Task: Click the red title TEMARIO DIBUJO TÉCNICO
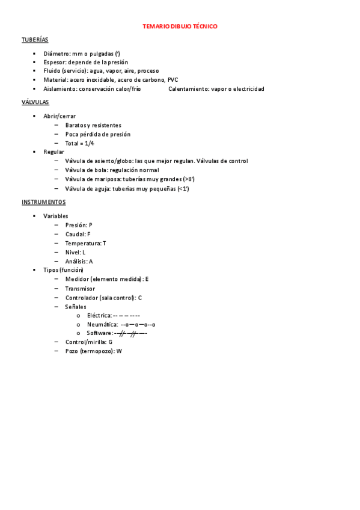tap(180, 27)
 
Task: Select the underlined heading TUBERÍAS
tap(34, 40)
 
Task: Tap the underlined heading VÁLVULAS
tap(35, 102)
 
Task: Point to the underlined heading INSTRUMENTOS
tap(43, 202)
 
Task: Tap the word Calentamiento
tap(187, 89)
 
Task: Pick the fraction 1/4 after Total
tap(89, 144)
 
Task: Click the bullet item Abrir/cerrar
tap(59, 116)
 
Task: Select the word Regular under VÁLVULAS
tap(53, 152)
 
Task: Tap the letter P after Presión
tap(91, 225)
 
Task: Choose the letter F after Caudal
tap(89, 234)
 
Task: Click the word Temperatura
tap(83, 243)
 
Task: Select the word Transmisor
tap(80, 289)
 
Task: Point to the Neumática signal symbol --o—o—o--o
tap(138, 324)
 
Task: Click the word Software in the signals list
tap(99, 333)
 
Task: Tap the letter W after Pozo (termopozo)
tap(119, 351)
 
